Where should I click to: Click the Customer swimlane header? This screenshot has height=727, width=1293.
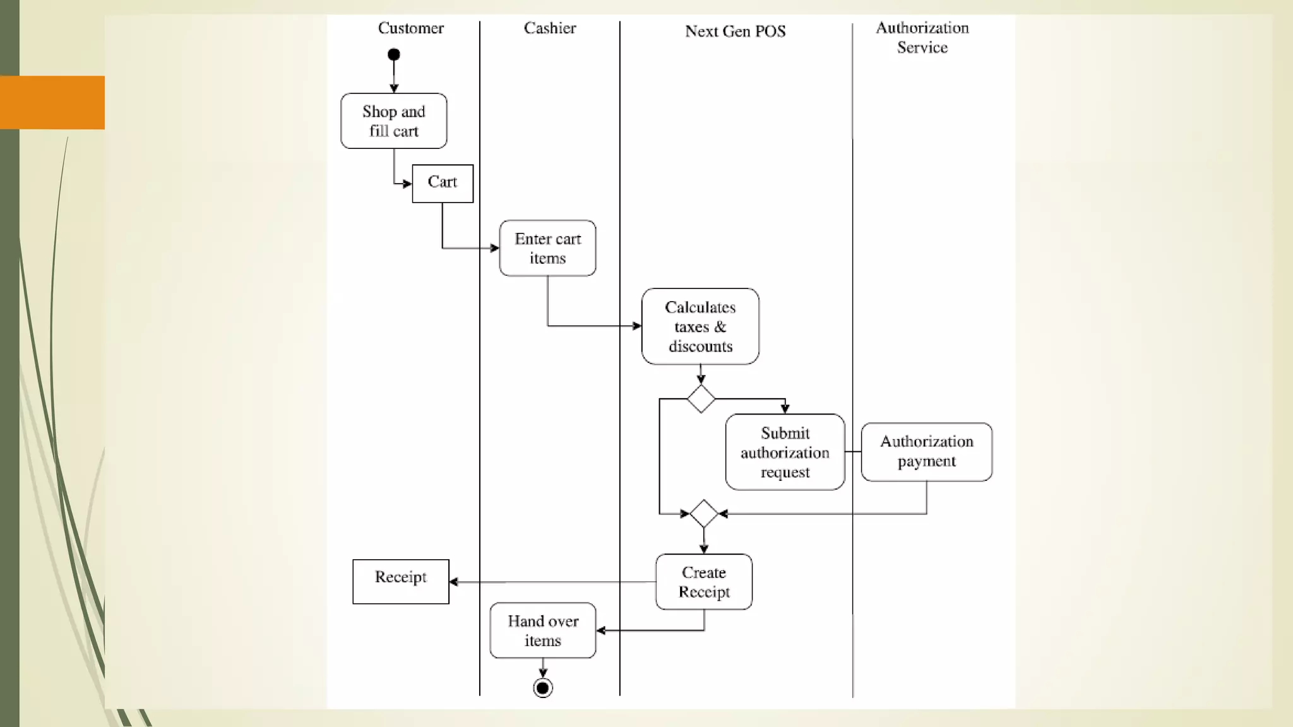pyautogui.click(x=410, y=28)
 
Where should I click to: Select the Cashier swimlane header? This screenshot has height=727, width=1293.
pyautogui.click(x=549, y=28)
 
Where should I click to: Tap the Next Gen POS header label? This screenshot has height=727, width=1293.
pyautogui.click(x=735, y=32)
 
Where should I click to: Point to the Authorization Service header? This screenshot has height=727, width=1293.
pyautogui.click(x=922, y=37)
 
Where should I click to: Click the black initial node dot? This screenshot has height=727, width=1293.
pyautogui.click(x=394, y=55)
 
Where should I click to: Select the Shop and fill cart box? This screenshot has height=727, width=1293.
pyautogui.click(x=394, y=121)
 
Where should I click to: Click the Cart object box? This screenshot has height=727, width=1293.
pyautogui.click(x=443, y=183)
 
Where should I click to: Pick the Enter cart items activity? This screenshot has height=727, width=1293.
pyautogui.click(x=547, y=248)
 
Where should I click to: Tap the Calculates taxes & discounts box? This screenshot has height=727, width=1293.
pyautogui.click(x=700, y=326)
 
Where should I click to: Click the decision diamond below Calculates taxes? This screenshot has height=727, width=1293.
pyautogui.click(x=701, y=399)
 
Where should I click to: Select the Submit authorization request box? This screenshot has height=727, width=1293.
pyautogui.click(x=785, y=452)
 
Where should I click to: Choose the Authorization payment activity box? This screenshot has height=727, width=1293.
pyautogui.click(x=926, y=452)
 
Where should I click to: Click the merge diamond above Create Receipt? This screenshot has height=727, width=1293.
pyautogui.click(x=704, y=514)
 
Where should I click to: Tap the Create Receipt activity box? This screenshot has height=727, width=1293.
pyautogui.click(x=704, y=582)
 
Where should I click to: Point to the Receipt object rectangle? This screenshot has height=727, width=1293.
pyautogui.click(x=401, y=581)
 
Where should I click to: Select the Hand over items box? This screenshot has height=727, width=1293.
pyautogui.click(x=543, y=630)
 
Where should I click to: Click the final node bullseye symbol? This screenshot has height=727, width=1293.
pyautogui.click(x=543, y=688)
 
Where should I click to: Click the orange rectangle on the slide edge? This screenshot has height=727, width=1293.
pyautogui.click(x=52, y=102)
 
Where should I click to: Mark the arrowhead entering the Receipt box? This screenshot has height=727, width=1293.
pyautogui.click(x=454, y=582)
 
